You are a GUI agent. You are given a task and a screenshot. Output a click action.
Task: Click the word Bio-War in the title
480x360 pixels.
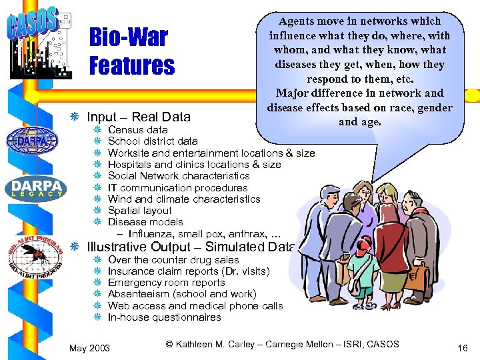point(128,38)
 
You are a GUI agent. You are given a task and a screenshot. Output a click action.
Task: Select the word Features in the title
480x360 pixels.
point(132,66)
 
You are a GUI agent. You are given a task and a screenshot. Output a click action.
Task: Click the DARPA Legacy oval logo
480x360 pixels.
point(37,189)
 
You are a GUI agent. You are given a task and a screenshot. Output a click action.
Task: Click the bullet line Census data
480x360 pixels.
point(137,129)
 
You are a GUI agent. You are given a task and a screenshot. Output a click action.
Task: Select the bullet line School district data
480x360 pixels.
point(152,141)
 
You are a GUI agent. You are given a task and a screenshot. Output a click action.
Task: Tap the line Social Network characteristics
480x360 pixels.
point(178,176)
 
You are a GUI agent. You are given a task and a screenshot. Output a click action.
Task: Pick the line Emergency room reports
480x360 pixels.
point(166,283)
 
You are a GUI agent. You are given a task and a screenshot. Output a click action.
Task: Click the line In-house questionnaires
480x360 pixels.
point(164,317)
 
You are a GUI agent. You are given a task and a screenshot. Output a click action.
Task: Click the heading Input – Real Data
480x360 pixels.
point(139,117)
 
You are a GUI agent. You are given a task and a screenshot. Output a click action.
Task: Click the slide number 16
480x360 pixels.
point(463,348)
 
